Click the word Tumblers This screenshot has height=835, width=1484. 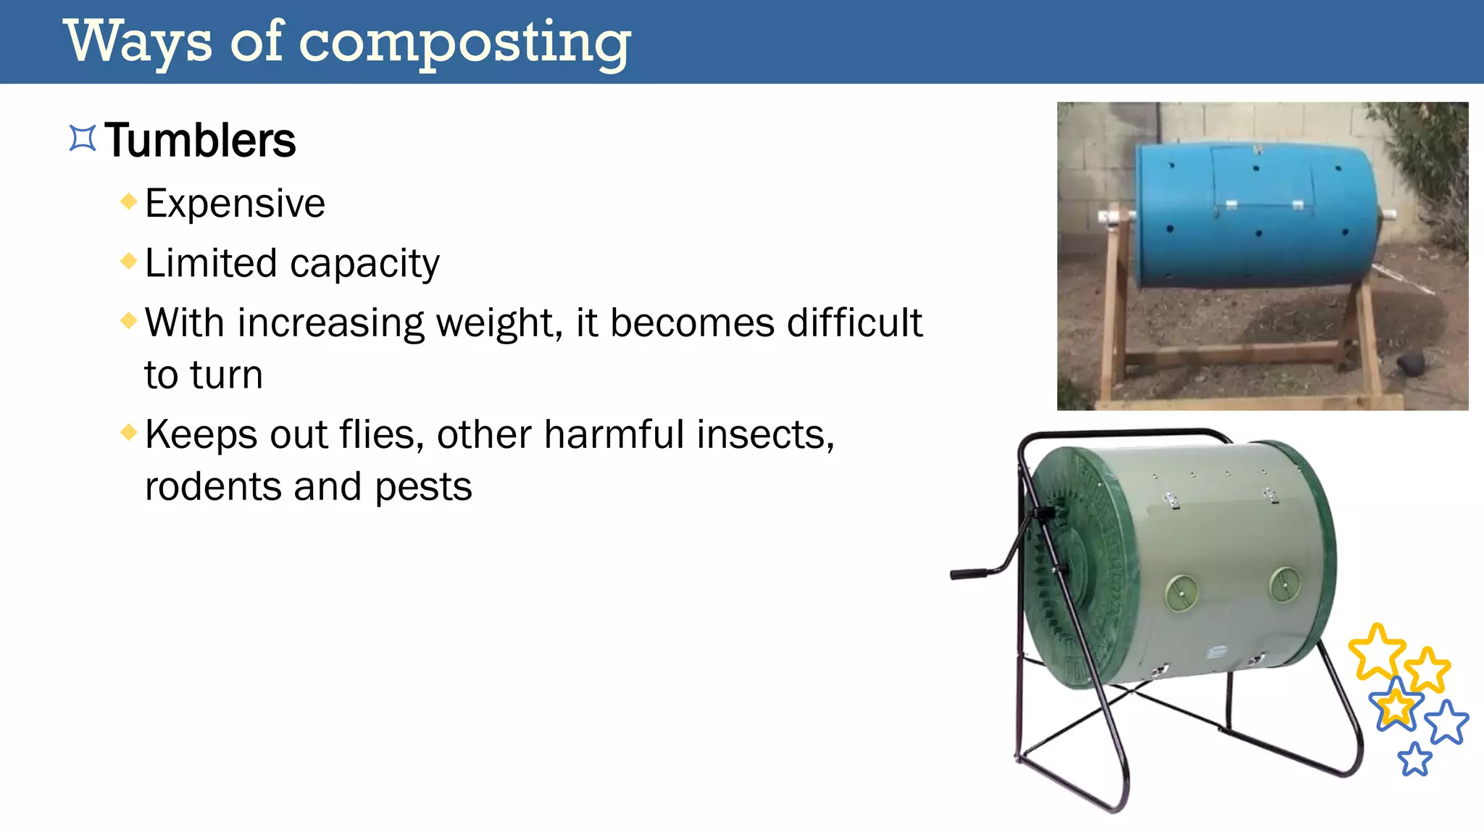200,141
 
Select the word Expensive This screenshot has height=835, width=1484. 235,204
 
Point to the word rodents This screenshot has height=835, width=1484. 212,486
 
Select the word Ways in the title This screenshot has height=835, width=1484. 138,42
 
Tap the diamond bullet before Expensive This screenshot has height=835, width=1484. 129,201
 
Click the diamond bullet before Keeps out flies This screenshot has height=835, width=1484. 129,433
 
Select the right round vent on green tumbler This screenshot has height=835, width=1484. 1285,584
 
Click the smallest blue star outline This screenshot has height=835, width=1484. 1414,759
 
